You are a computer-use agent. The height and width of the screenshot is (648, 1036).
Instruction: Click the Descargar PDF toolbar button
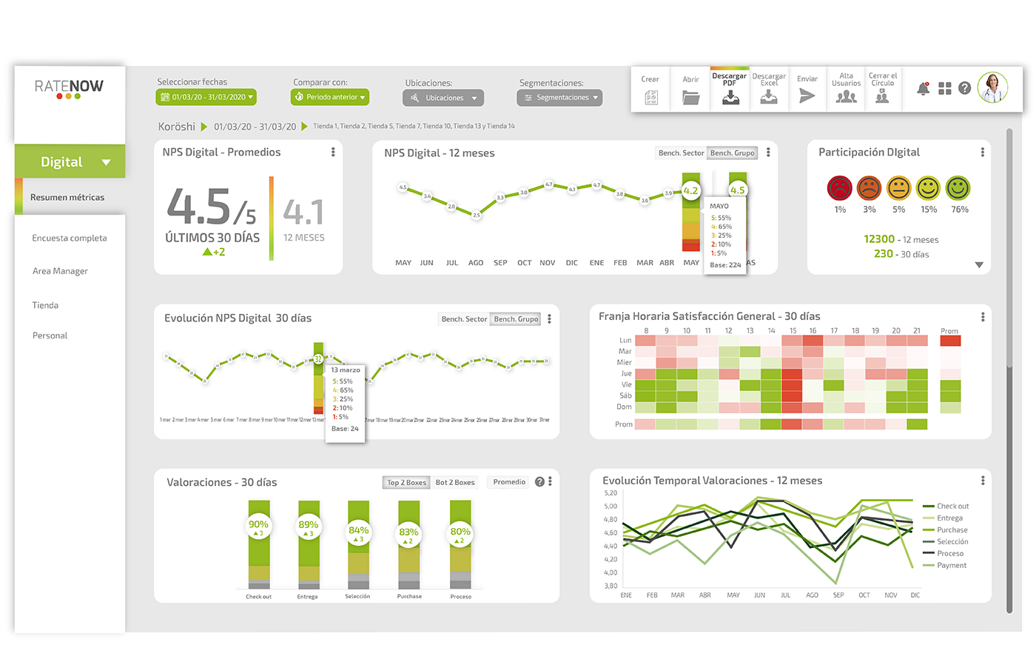730,90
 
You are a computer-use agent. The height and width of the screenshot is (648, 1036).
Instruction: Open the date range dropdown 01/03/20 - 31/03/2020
206,97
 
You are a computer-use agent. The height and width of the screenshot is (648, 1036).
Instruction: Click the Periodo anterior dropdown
330,97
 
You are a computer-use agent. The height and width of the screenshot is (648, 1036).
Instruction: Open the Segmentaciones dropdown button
559,98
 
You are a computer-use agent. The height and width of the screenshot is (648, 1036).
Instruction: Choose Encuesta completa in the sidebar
70,238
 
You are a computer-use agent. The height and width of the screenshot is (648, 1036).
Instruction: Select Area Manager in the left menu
60,271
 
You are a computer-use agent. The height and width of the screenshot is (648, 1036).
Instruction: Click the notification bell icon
923,88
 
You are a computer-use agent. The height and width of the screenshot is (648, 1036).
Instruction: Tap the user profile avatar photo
992,87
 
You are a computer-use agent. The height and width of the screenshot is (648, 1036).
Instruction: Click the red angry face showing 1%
840,188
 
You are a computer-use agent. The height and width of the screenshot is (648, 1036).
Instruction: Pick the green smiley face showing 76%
958,188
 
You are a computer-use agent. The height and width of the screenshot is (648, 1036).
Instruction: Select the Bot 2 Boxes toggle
455,482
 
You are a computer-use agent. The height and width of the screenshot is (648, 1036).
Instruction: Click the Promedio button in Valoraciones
509,482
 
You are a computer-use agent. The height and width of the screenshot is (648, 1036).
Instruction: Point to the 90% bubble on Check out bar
258,527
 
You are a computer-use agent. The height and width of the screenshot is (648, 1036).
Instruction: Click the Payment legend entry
952,566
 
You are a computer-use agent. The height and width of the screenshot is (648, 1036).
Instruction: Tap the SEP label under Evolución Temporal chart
838,595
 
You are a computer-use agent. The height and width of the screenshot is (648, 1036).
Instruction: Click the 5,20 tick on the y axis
610,493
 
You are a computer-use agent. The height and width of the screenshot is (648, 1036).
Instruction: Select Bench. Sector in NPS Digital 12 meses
681,153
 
